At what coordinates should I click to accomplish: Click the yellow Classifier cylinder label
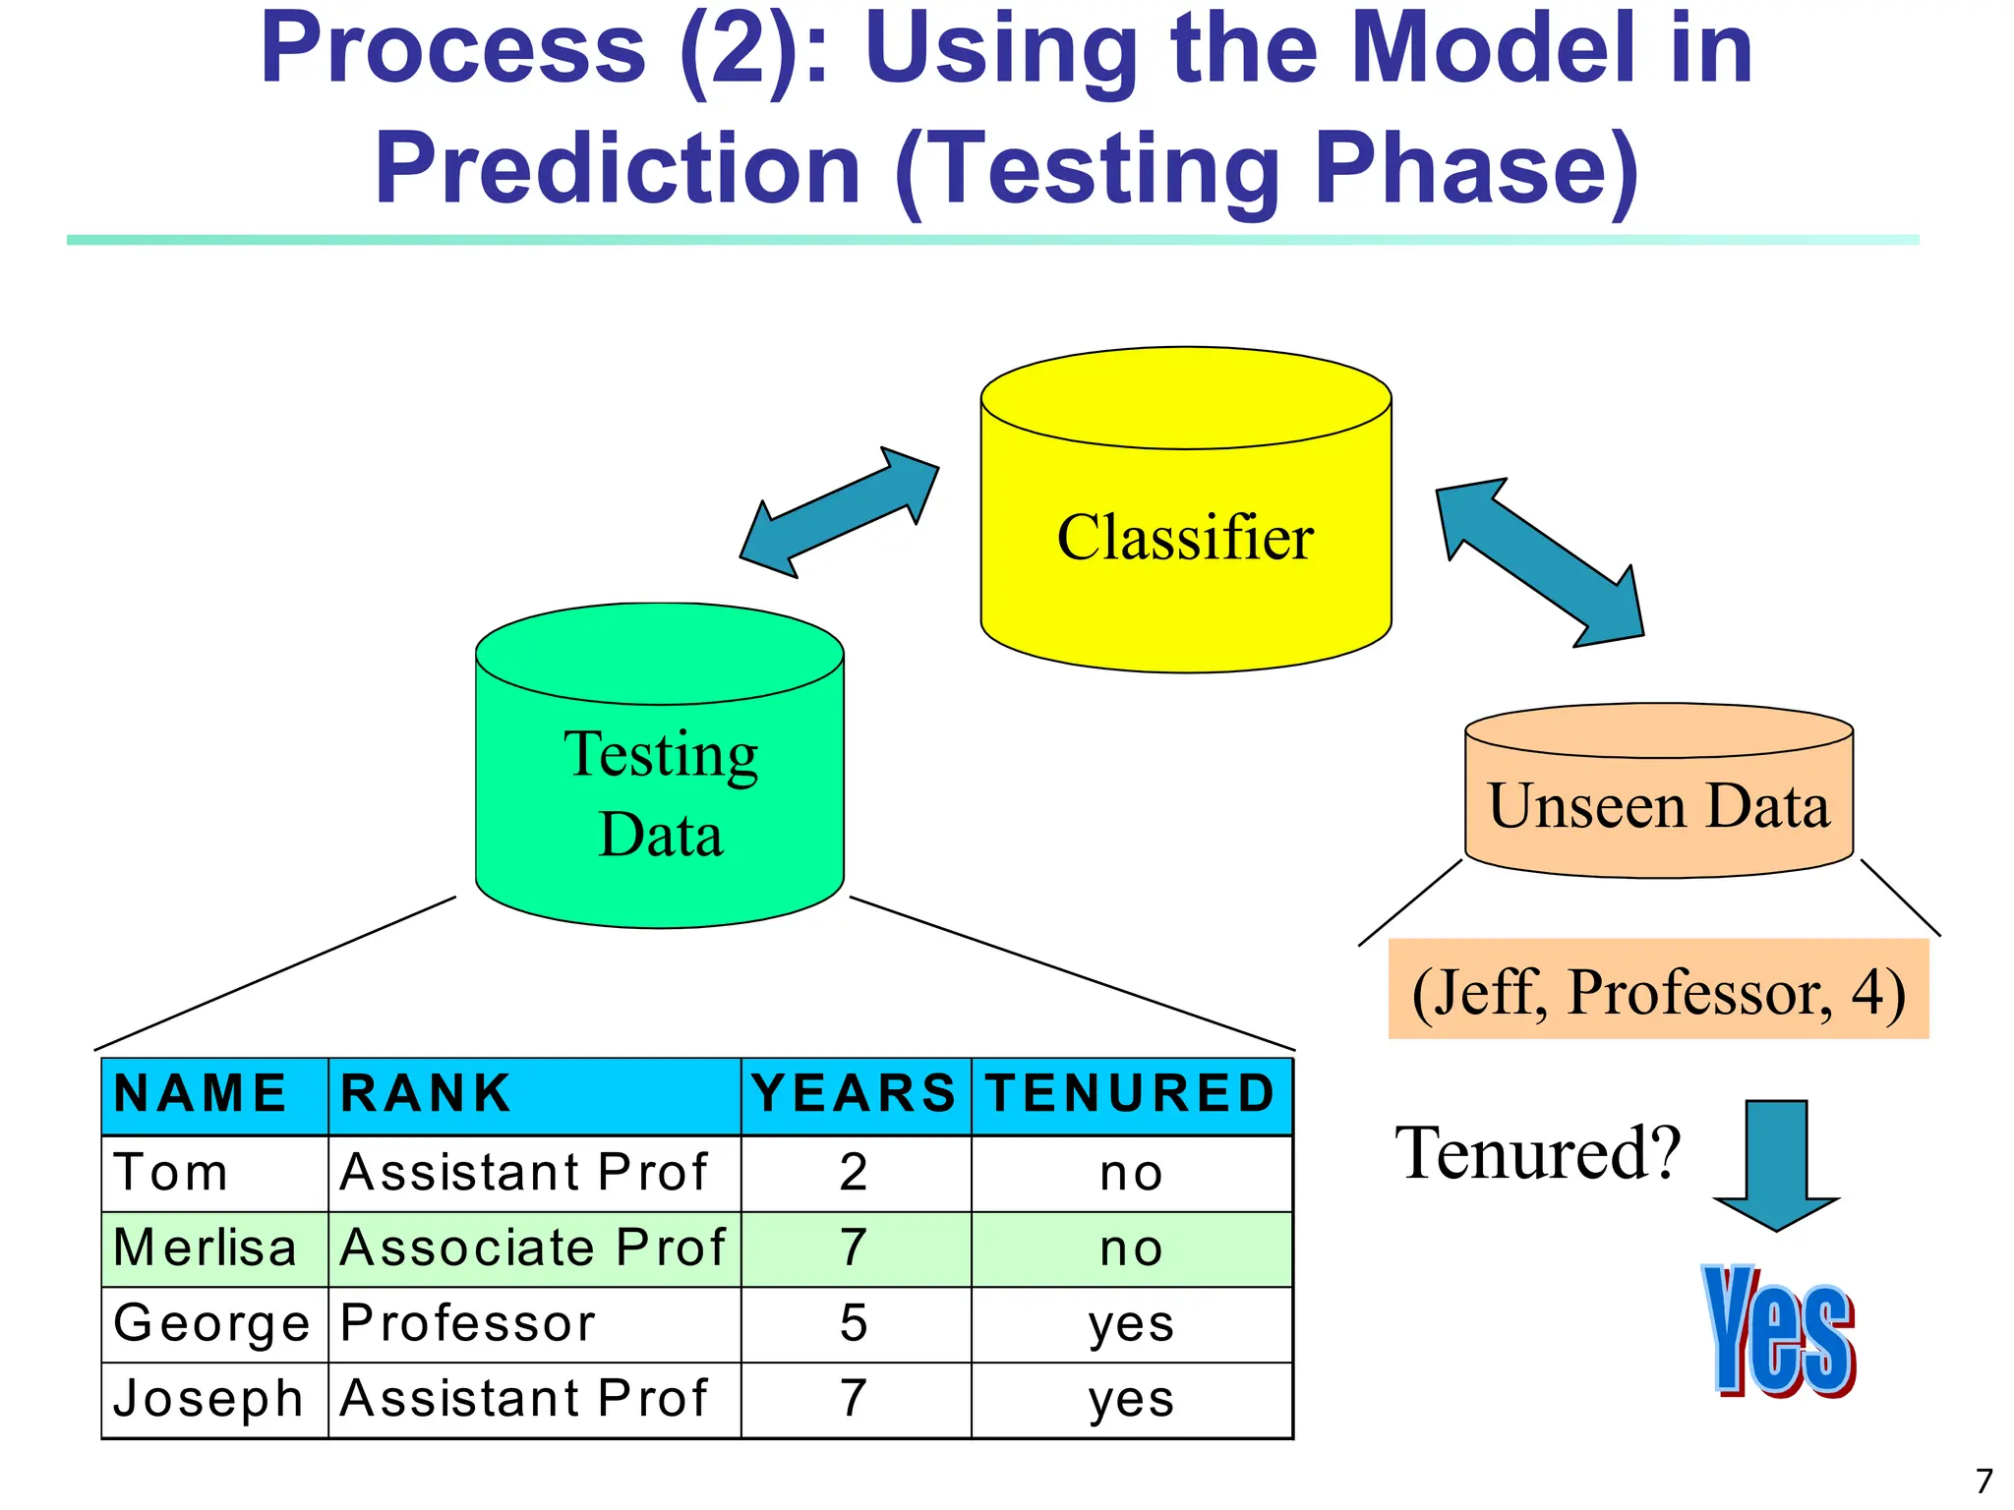(1185, 538)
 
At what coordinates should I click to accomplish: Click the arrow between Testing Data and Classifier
(839, 512)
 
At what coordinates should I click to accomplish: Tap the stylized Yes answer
(1779, 1331)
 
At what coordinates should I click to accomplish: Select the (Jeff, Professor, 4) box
(1658, 990)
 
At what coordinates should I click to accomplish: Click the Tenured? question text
(1538, 1153)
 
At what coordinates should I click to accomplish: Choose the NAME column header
(201, 1094)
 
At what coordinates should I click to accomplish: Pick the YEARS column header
(854, 1094)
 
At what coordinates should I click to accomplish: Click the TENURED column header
(1131, 1094)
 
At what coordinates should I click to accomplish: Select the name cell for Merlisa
(206, 1249)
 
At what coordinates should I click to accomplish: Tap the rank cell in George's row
(468, 1323)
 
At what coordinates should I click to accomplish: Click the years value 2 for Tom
(854, 1173)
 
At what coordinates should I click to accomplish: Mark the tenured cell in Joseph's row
(1131, 1399)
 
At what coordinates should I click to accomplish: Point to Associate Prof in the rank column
(532, 1249)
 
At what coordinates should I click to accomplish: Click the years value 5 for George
(854, 1323)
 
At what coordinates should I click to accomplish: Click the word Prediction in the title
(618, 169)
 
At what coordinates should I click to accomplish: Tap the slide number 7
(1984, 1481)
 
